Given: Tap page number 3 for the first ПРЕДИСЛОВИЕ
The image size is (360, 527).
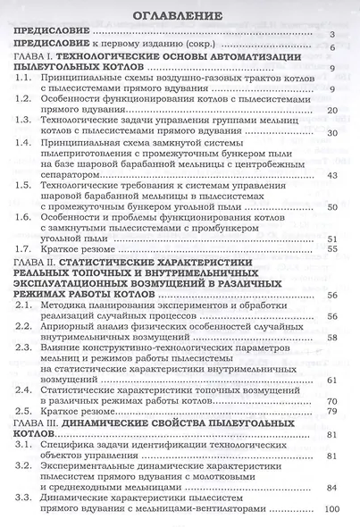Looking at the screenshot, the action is click(331, 36).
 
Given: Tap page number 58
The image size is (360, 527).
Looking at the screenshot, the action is click(331, 339).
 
